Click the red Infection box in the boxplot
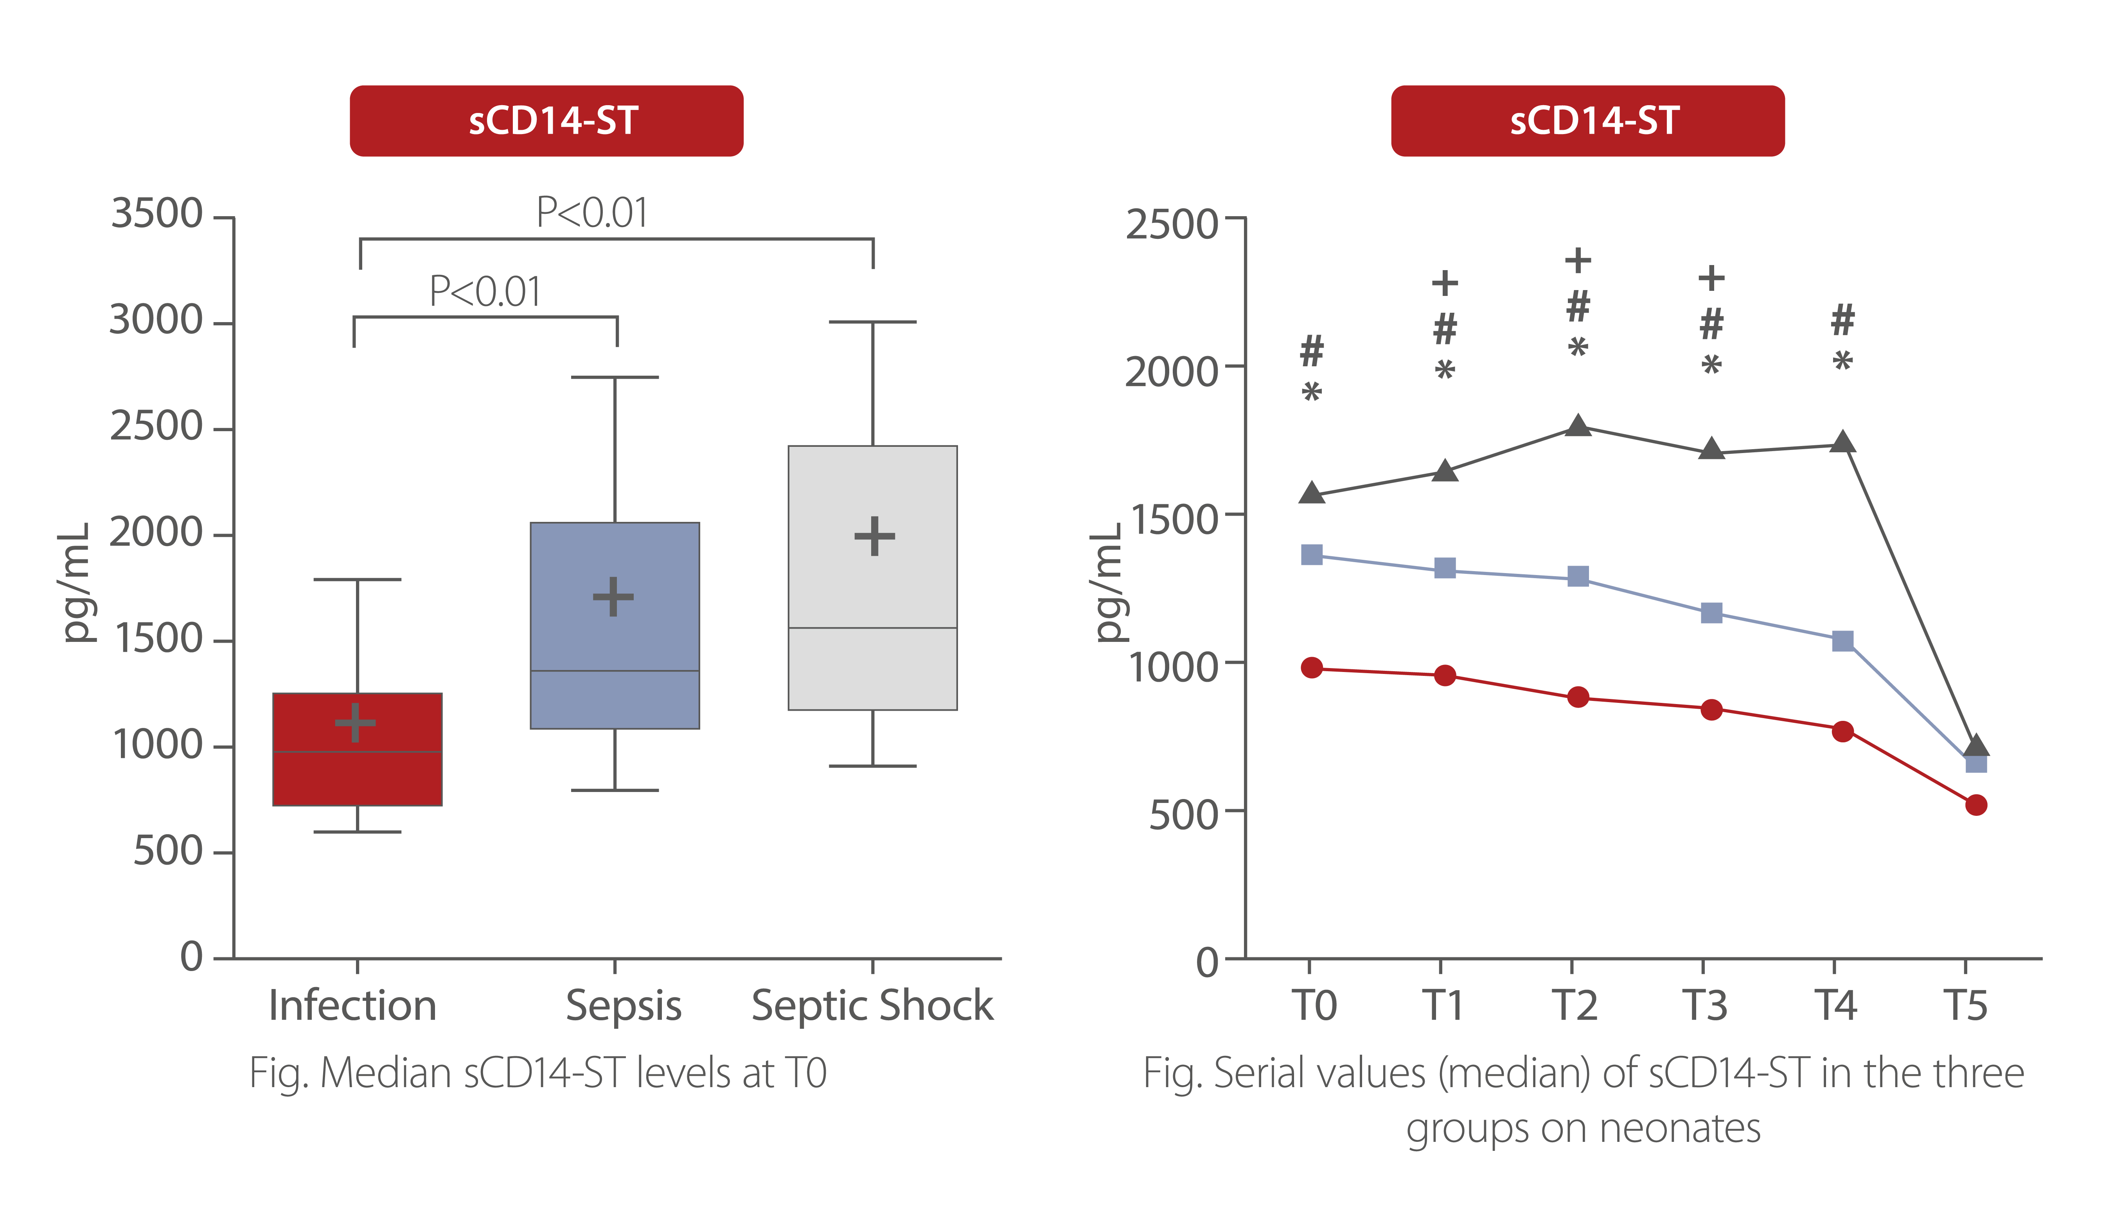(357, 776)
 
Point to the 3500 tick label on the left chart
(157, 213)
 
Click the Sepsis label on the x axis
(624, 1005)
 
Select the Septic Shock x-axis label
(872, 1005)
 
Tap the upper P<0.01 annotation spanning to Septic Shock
(592, 213)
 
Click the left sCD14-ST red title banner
(546, 121)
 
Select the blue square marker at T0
(1312, 555)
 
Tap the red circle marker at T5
(1975, 805)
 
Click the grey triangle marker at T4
(1842, 442)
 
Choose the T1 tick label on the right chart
(1443, 1005)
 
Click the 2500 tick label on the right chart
(1172, 225)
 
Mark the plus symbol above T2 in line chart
(1577, 261)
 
